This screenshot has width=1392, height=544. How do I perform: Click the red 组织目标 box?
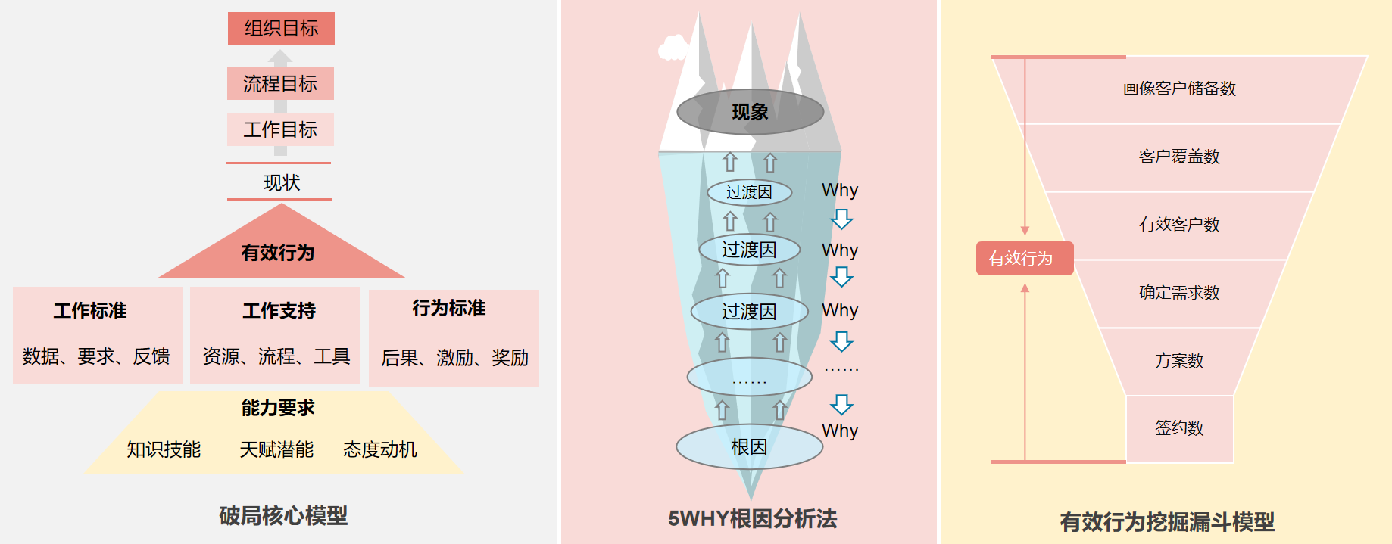pos(281,29)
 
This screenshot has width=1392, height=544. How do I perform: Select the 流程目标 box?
pos(280,83)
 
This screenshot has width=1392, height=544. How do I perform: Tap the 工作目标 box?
pos(280,129)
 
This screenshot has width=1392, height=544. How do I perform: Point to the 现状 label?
pos(281,182)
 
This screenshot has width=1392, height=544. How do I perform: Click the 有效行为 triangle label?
pos(278,253)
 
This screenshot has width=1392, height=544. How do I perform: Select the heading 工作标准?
pos(90,311)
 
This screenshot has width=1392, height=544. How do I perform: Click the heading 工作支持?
pos(279,311)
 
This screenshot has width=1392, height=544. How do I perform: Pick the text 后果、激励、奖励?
pos(454,358)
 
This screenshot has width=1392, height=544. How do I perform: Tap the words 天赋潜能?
pos(276,449)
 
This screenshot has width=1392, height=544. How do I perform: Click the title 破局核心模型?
pos(283,516)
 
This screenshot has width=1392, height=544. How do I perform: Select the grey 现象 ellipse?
pos(750,113)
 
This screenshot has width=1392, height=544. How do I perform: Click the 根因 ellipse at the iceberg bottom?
pos(749,447)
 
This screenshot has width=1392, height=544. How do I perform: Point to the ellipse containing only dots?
pos(749,377)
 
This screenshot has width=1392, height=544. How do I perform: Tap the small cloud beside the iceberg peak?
pos(673,48)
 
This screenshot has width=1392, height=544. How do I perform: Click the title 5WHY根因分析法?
pos(752,519)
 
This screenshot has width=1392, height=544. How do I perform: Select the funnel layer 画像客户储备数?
pos(1179,89)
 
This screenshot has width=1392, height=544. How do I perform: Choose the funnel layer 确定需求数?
pos(1179,293)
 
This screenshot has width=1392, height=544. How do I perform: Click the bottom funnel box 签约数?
pos(1179,428)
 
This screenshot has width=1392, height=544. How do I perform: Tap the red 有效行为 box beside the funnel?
pos(1024,259)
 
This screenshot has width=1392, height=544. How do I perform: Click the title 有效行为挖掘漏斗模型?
pos(1166,522)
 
